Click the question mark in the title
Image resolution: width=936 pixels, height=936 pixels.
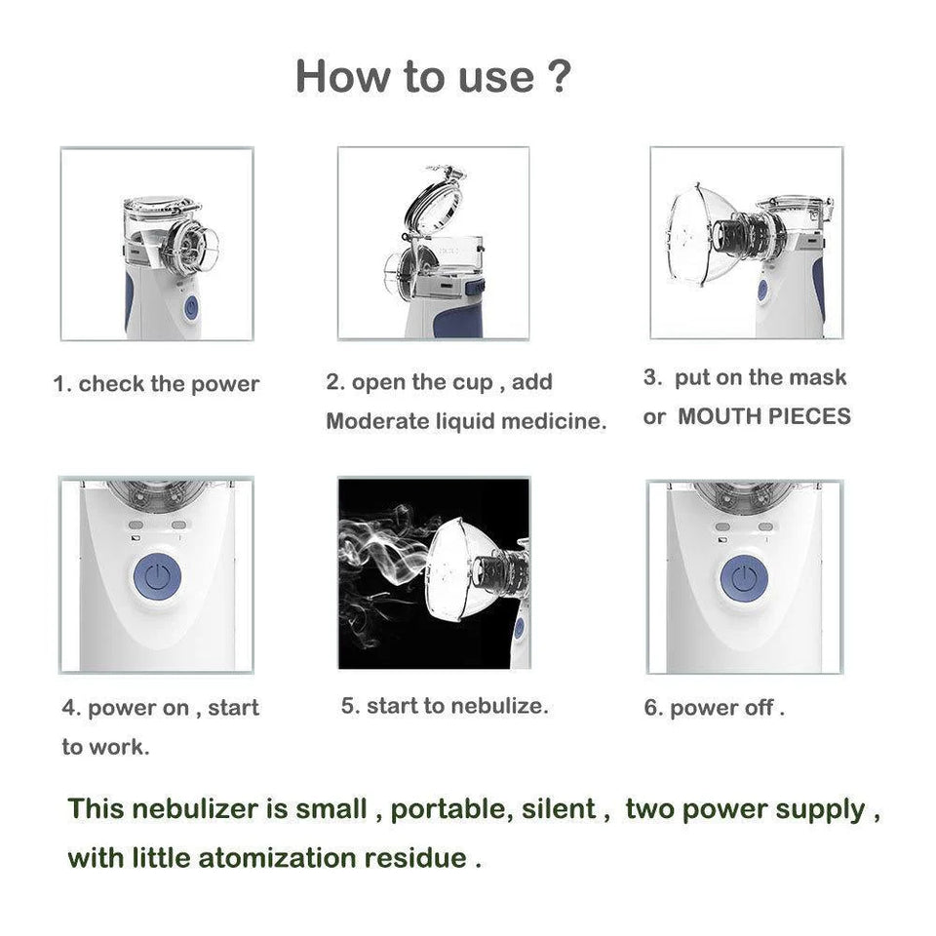click(559, 76)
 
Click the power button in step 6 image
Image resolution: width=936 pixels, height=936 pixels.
click(744, 577)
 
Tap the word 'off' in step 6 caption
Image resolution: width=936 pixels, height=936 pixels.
click(759, 708)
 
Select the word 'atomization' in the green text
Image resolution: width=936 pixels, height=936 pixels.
click(277, 858)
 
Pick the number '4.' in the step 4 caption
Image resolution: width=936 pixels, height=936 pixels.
click(71, 709)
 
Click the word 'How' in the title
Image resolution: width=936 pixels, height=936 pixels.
click(337, 76)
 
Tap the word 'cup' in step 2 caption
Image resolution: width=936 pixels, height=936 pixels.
click(473, 382)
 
